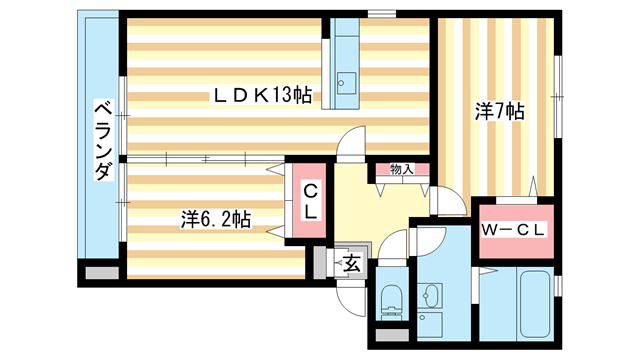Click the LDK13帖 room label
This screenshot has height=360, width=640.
(260, 96)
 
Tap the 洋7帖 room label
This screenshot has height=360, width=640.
(499, 111)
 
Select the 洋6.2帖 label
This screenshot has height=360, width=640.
(215, 217)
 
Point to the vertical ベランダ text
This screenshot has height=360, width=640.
(101, 140)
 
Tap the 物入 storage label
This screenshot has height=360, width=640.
(401, 170)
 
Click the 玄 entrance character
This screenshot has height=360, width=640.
(352, 264)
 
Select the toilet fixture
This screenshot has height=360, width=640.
(392, 299)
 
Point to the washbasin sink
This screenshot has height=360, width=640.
(433, 296)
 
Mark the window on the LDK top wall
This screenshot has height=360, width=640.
(380, 13)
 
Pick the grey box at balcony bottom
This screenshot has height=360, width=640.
(100, 271)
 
